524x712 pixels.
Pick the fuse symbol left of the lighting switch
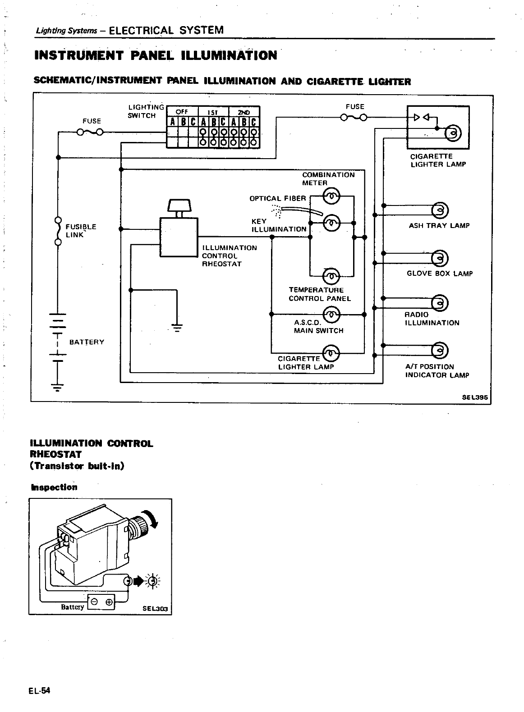[x=90, y=132]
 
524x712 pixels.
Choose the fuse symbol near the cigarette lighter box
[x=354, y=118]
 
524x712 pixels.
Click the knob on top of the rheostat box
[x=179, y=205]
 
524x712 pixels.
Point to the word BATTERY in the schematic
[x=87, y=342]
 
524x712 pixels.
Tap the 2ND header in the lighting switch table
[x=244, y=112]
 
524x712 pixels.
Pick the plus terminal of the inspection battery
[x=109, y=602]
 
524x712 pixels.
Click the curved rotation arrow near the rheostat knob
[x=152, y=518]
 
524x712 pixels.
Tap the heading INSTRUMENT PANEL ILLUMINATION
[x=156, y=55]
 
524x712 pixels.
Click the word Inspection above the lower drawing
[x=54, y=487]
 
